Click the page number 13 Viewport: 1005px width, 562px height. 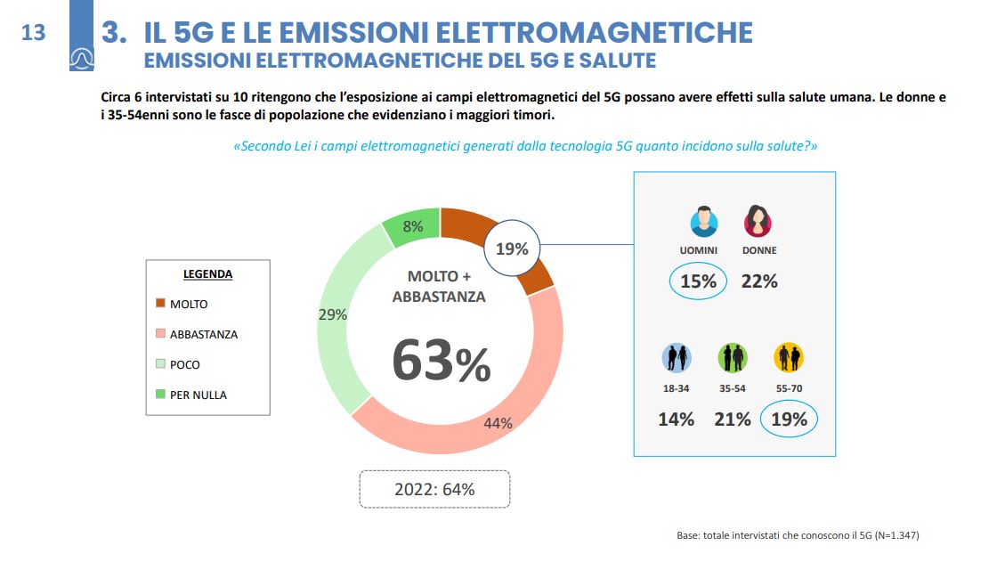click(x=33, y=33)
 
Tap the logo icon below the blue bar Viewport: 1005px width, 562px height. click(x=81, y=58)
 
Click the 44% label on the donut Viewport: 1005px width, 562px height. click(x=498, y=423)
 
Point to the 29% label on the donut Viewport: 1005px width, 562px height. click(x=332, y=314)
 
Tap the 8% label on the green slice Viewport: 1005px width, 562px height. click(x=412, y=226)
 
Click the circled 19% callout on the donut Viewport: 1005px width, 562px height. click(x=513, y=248)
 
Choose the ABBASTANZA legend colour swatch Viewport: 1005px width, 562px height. click(x=160, y=334)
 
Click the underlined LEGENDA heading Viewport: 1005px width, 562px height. click(x=207, y=274)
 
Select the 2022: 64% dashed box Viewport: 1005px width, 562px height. click(x=434, y=489)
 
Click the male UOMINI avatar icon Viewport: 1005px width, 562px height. click(x=703, y=222)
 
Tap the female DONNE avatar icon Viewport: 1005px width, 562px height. click(x=758, y=222)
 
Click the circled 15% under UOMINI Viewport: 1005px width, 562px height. click(x=699, y=281)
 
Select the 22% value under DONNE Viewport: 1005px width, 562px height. click(x=759, y=281)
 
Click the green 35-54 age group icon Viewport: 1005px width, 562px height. click(x=733, y=358)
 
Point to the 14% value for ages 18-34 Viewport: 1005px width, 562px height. click(x=676, y=419)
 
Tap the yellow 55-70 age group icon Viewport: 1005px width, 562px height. click(x=789, y=358)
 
